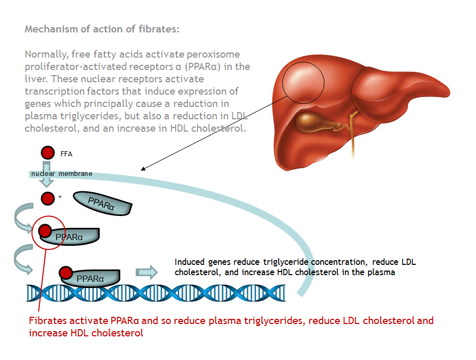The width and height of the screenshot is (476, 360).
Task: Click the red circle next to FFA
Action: [x=48, y=153]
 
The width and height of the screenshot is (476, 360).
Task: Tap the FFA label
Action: [x=66, y=154]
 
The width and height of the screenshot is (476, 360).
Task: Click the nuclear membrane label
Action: [x=62, y=174]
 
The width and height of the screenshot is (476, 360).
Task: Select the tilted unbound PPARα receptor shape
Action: [x=103, y=203]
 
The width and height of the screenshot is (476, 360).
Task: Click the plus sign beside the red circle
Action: [x=60, y=196]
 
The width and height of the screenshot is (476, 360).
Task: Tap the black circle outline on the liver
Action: [x=303, y=83]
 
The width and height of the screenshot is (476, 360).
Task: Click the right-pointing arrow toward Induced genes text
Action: [x=147, y=272]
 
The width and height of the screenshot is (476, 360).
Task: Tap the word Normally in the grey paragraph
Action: [x=45, y=55]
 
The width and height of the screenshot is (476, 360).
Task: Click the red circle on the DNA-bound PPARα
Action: [x=66, y=273]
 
